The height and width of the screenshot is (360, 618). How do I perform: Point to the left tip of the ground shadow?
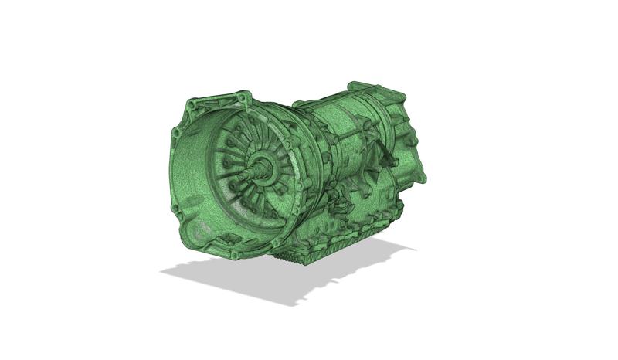(x=163, y=271)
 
